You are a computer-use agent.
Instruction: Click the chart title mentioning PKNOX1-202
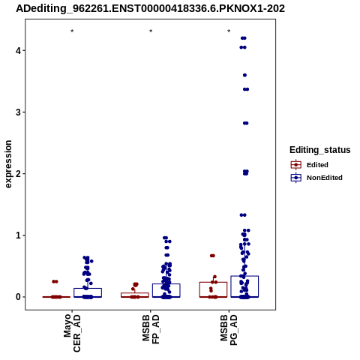click(x=150, y=8)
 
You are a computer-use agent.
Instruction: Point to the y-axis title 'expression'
click(x=8, y=164)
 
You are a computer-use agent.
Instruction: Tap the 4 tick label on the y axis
click(x=18, y=51)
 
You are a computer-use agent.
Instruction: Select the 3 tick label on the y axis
click(x=18, y=112)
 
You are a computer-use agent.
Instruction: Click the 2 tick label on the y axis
click(x=18, y=174)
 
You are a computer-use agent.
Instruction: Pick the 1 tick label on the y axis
click(x=18, y=235)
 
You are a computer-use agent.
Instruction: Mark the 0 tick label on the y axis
click(x=18, y=297)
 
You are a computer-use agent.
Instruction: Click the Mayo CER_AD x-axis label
click(x=72, y=333)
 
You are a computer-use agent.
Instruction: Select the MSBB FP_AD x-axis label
click(x=151, y=329)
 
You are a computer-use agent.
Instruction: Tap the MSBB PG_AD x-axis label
click(x=229, y=330)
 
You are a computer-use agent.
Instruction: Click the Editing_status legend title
click(x=319, y=150)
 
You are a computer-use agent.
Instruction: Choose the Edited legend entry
click(x=309, y=165)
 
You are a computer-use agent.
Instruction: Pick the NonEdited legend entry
click(x=316, y=178)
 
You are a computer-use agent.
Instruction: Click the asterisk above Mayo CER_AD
click(x=72, y=31)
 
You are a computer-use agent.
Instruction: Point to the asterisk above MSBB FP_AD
click(x=151, y=31)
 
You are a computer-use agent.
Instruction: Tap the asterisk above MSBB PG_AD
click(x=229, y=31)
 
